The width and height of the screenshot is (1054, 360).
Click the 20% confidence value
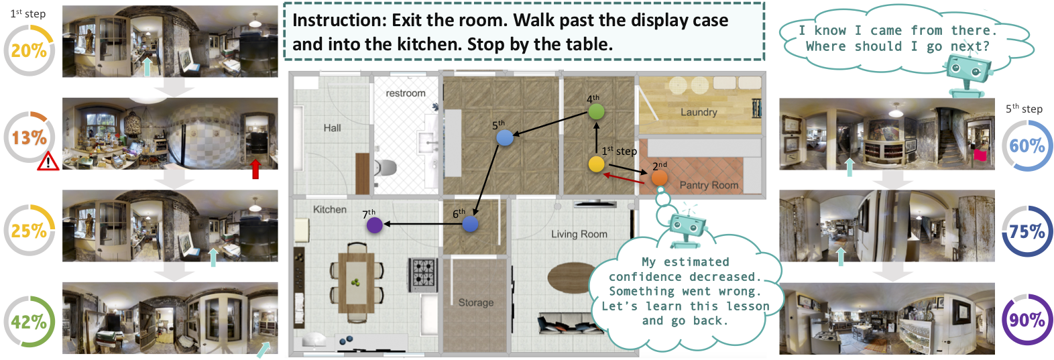tap(29, 50)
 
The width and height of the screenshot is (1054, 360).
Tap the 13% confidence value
tap(30, 138)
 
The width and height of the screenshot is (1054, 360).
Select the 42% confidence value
tap(29, 322)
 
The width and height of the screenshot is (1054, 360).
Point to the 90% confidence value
tap(1027, 320)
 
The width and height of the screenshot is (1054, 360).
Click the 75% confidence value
tap(1027, 231)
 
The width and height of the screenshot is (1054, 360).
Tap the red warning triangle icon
tap(48, 162)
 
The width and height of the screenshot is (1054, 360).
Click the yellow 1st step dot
tap(596, 164)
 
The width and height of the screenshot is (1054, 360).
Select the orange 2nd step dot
tap(659, 178)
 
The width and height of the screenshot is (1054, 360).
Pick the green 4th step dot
tap(596, 111)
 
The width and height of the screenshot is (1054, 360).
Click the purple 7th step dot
tap(375, 225)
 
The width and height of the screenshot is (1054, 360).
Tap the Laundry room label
tap(699, 112)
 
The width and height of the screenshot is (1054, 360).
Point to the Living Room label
tap(579, 234)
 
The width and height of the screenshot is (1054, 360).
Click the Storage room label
tap(476, 302)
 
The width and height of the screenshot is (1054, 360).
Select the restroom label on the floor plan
tap(406, 93)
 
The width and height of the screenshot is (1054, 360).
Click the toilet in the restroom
tap(386, 168)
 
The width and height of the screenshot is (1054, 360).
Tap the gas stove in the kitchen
tap(422, 274)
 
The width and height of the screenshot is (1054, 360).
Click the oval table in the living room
tap(572, 277)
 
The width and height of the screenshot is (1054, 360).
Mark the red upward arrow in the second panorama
tap(255, 169)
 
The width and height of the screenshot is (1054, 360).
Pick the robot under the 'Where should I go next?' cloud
tap(968, 74)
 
